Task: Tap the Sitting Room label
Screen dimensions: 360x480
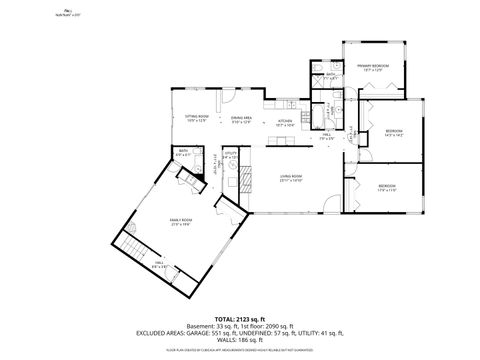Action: pos(196,117)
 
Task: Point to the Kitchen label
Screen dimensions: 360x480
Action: pos(284,122)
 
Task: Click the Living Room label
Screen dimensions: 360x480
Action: pos(291,177)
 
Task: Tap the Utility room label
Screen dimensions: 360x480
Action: pos(231,155)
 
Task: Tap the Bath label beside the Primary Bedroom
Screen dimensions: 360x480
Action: pos(330,75)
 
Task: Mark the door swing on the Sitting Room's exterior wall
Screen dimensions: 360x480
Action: pos(227,100)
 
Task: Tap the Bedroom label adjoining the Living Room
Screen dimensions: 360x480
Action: pos(386,186)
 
